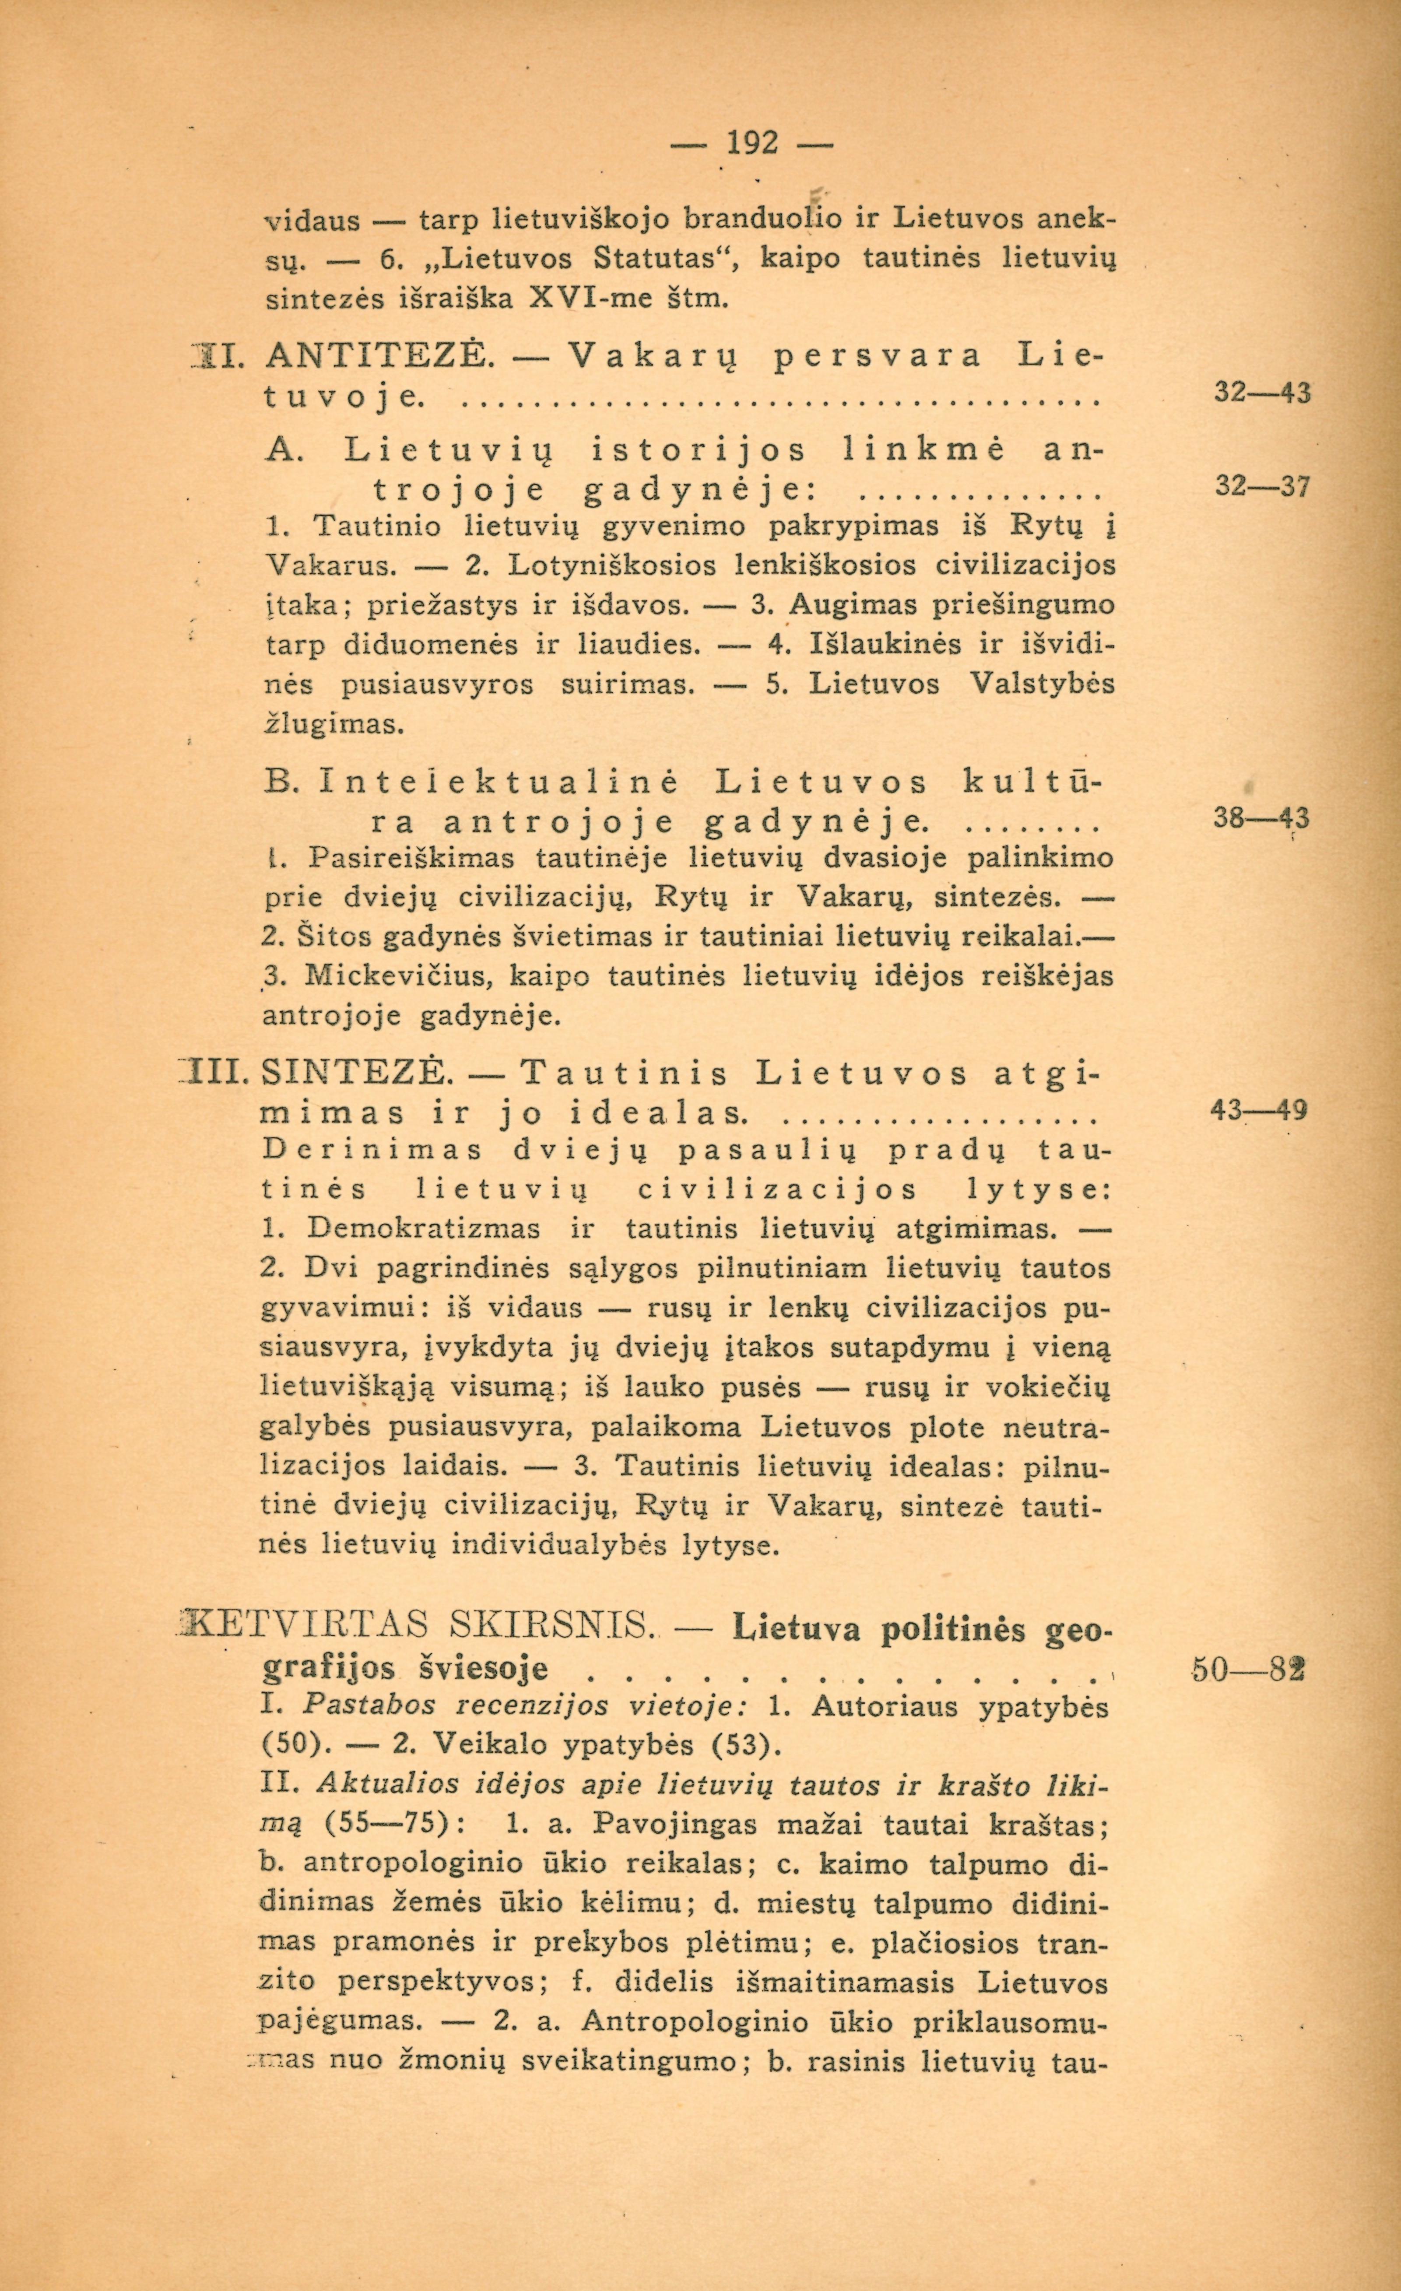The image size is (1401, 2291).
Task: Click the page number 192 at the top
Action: [x=753, y=144]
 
